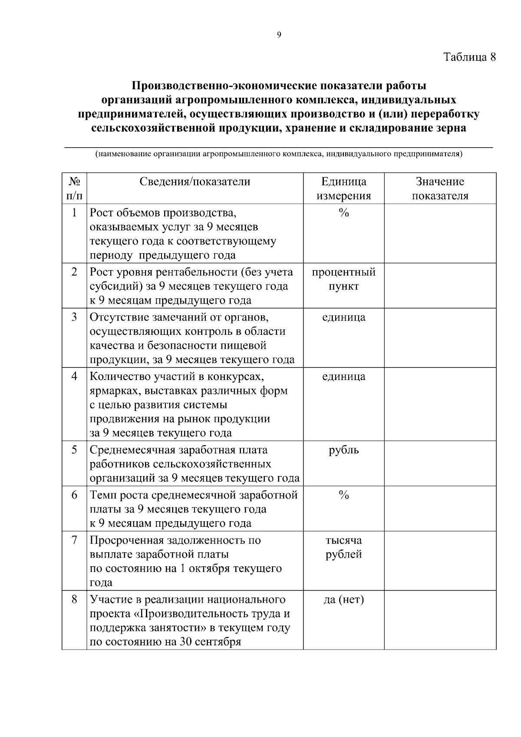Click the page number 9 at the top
(x=279, y=35)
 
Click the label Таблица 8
(x=469, y=57)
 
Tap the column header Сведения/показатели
(x=195, y=182)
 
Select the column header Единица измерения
(x=343, y=188)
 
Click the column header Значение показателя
(x=440, y=188)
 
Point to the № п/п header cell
(x=74, y=188)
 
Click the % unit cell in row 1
(x=343, y=213)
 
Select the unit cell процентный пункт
(x=343, y=279)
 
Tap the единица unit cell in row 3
(x=343, y=317)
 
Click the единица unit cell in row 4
(x=343, y=377)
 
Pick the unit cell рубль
(x=343, y=450)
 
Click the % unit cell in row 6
(x=343, y=495)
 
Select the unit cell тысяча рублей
(x=343, y=547)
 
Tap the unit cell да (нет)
(x=343, y=600)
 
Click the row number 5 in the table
(x=74, y=450)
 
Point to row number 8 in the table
(x=74, y=600)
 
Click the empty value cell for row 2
(x=440, y=285)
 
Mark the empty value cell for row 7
(x=440, y=560)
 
